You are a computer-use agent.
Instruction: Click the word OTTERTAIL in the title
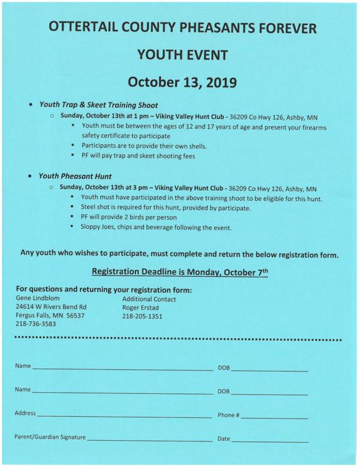coord(90,28)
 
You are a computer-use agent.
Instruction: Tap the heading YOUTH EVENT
coord(182,55)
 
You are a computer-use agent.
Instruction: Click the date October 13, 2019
coord(182,82)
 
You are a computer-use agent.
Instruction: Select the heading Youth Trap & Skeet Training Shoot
coord(98,104)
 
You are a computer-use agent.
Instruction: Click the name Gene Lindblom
coord(38,298)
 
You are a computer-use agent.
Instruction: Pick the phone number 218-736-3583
coord(36,324)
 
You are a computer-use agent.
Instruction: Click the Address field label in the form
coord(25,413)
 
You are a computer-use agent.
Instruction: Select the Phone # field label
coord(229,415)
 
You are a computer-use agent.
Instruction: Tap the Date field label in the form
coord(223,440)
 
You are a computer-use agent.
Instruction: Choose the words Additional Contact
coord(149,299)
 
